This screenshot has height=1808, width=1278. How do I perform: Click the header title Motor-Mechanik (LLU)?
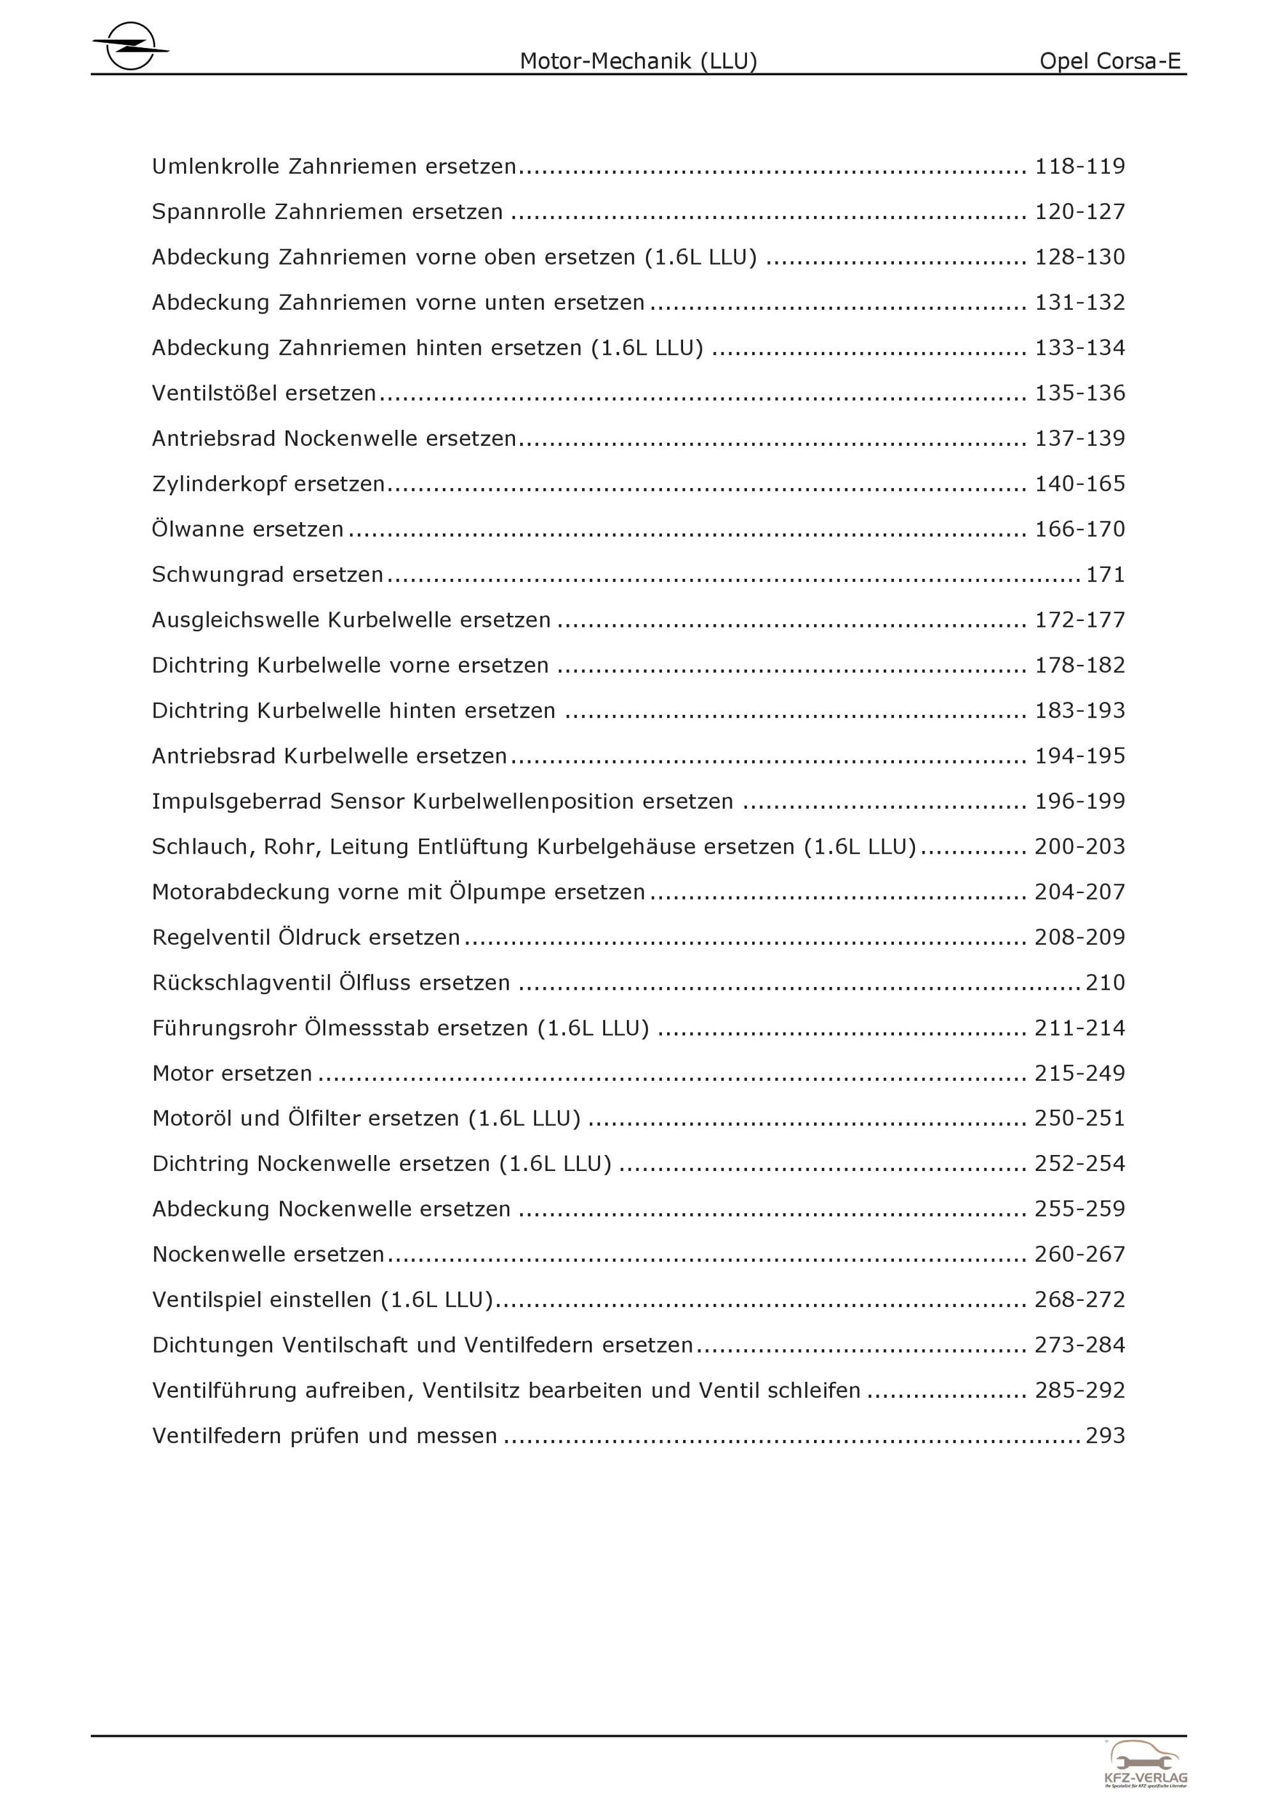tap(638, 61)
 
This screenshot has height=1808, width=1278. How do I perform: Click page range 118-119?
tap(1079, 167)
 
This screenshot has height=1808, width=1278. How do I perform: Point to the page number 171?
tap(1105, 575)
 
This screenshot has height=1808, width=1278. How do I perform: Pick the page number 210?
tap(1105, 983)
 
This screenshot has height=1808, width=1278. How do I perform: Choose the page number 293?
tap(1105, 1436)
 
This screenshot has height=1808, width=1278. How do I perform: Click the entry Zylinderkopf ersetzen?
tap(268, 484)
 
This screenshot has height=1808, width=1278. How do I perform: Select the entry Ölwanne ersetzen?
tap(248, 529)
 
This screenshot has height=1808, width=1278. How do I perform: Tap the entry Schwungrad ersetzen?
tap(268, 575)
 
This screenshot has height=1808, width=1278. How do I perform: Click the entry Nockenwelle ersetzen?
tap(268, 1254)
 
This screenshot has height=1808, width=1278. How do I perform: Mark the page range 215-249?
tap(1079, 1073)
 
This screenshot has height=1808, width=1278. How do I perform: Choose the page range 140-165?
tap(1079, 484)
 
